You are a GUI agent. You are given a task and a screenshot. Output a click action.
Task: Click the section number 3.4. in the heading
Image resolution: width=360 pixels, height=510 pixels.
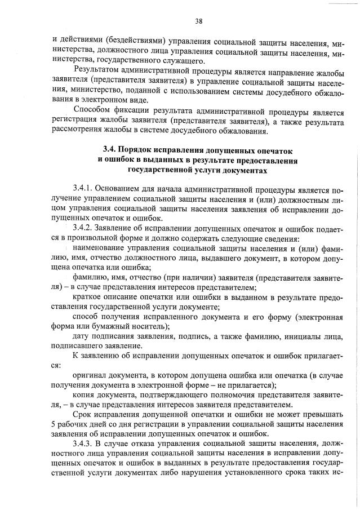pos(110,150)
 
